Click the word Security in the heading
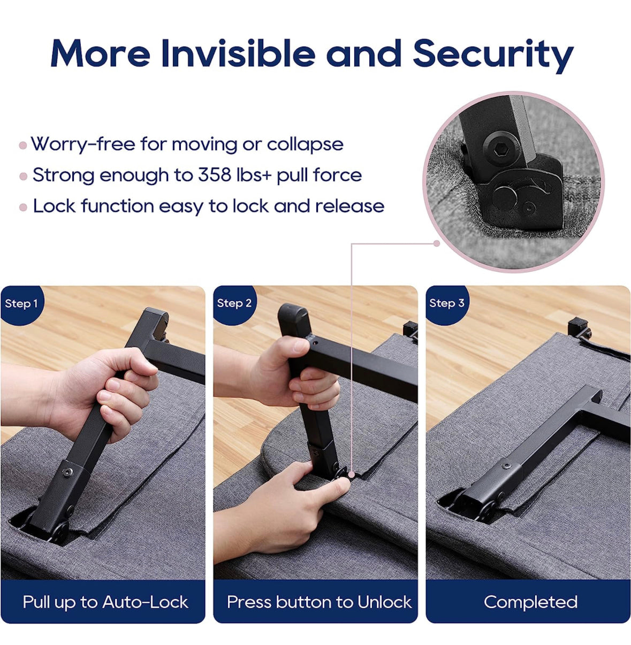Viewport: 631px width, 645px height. coord(493,55)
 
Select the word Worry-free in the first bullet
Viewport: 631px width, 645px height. coord(83,144)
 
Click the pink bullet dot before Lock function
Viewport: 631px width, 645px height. coord(23,208)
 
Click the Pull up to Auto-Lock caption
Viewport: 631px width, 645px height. coord(105,601)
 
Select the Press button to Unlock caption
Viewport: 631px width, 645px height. coord(319,601)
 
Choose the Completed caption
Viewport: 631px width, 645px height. coord(530,602)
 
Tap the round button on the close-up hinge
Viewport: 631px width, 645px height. coord(505,198)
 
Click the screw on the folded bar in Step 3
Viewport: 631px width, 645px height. coord(506,466)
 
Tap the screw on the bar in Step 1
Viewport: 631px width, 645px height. coord(69,472)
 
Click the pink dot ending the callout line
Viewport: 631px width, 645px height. coord(437,244)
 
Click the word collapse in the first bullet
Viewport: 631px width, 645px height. coord(305,145)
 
